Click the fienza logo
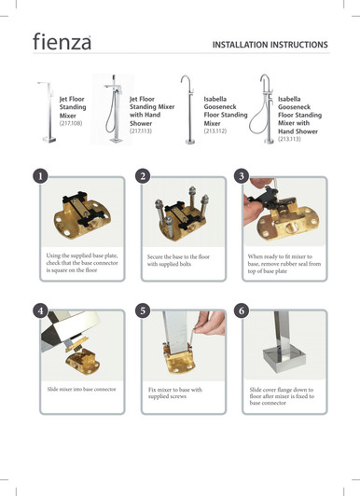point(62,43)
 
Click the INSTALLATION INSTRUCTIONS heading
point(270,45)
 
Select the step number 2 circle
point(142,175)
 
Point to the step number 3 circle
point(242,175)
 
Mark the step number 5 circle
point(142,310)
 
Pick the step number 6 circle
point(242,310)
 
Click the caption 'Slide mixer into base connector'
point(82,387)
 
